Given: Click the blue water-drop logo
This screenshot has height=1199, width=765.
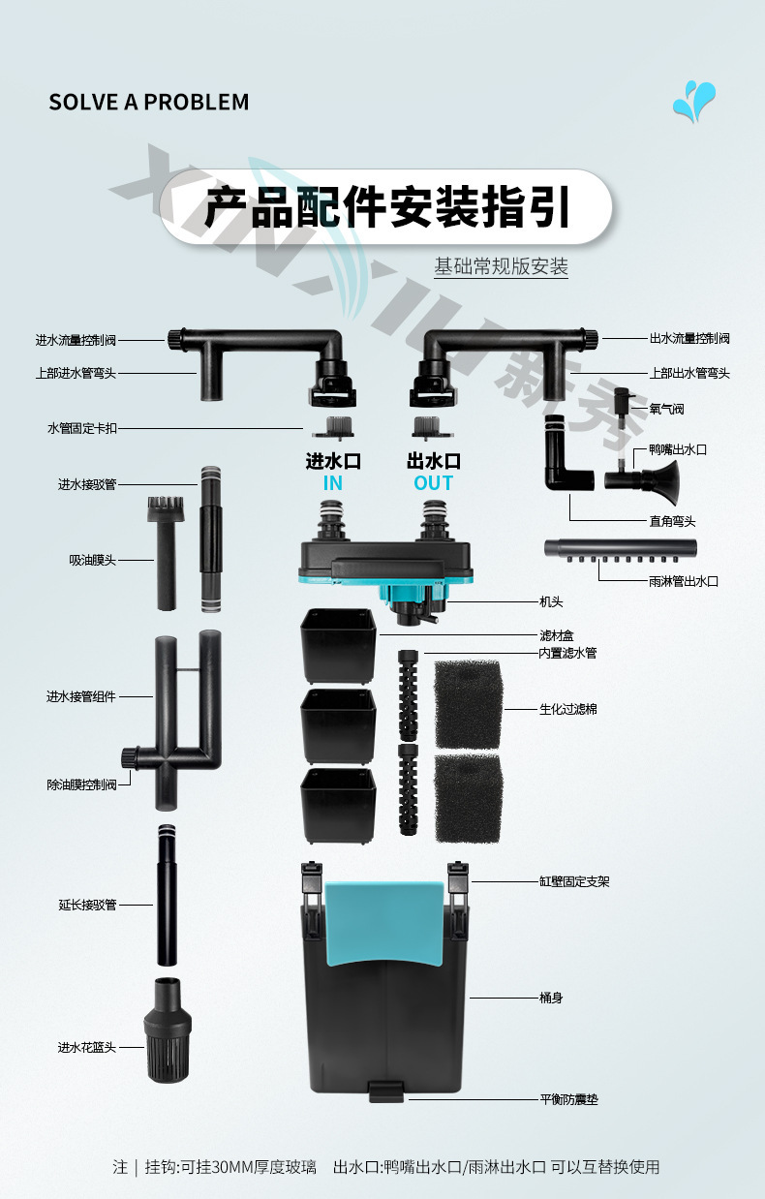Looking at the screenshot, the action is (x=693, y=101).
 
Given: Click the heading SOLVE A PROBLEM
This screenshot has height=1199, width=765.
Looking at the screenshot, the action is (x=149, y=103).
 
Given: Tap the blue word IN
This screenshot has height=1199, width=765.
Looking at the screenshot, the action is (x=332, y=483).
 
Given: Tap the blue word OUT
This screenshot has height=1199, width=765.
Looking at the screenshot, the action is (x=433, y=483).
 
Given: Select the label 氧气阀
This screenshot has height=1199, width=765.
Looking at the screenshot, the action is (x=666, y=410).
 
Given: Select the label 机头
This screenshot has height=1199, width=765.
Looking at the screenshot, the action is (x=551, y=601).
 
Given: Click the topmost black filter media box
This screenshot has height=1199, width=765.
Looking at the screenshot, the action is (x=338, y=646).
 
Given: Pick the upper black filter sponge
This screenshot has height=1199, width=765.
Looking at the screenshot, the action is (x=468, y=704).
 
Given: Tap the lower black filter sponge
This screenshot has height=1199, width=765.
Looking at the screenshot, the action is (x=469, y=798).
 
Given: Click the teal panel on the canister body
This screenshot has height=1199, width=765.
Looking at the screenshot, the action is (x=384, y=922).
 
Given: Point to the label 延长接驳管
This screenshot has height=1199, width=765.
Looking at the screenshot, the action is (x=87, y=905).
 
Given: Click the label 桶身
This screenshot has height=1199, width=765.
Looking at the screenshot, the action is (x=551, y=998).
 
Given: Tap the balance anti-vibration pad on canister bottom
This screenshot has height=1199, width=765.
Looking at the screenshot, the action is (x=386, y=1091).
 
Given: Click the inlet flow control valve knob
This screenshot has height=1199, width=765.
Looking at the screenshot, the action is (x=176, y=339).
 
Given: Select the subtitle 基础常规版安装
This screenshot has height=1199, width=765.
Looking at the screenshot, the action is (x=501, y=266).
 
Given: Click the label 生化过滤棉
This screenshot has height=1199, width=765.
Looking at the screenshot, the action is (x=568, y=709).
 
